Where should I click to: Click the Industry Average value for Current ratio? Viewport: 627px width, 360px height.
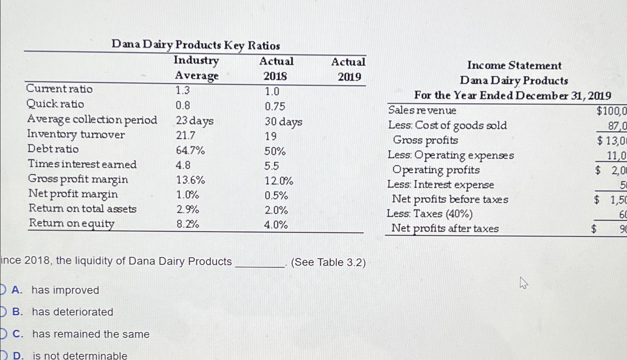point(183,90)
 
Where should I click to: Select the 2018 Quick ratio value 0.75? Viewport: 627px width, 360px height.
point(275,107)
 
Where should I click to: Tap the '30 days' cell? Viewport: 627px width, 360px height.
point(283,122)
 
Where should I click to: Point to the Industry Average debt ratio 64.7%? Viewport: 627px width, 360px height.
point(190,151)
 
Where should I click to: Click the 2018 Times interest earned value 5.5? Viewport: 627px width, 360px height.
point(272,166)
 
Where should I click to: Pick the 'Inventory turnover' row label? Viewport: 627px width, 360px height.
point(76,134)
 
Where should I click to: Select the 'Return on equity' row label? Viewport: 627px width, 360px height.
point(72,223)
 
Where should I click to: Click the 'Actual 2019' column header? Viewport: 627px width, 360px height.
point(348,69)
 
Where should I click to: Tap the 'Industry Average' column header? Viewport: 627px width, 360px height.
point(196,68)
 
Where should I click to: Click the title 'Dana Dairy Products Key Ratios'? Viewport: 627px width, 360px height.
point(195,45)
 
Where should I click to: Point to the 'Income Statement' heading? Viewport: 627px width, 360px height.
point(514,65)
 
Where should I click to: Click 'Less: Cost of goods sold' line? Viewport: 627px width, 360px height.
point(447,125)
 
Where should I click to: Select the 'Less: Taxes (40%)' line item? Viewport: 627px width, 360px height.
point(430,214)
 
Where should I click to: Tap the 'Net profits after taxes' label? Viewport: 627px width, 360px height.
point(445,228)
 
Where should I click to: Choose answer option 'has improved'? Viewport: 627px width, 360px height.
point(65,290)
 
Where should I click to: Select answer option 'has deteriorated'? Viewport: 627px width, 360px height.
point(72,312)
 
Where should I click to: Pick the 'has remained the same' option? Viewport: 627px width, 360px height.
point(91,334)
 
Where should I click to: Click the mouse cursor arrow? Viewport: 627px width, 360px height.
point(523,283)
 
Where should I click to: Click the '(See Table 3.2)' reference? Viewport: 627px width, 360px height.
point(328,262)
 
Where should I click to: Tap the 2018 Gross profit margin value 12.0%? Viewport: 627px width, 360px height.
point(279,181)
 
